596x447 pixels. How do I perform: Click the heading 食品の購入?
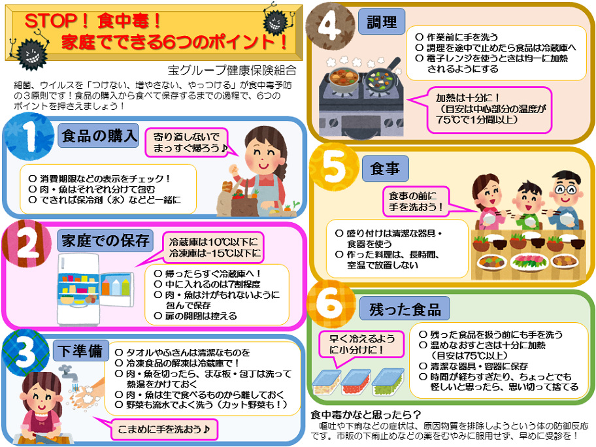point(98,135)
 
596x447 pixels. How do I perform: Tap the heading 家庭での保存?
point(105,240)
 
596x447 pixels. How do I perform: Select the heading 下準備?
point(80,350)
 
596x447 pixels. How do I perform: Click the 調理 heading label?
point(382,22)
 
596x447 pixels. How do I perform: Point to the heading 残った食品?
point(405,309)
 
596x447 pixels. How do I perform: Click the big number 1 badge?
point(29,137)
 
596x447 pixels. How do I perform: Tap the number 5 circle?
point(335,167)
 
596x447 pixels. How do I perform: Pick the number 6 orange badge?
point(330,304)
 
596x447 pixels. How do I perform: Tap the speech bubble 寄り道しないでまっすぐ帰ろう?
point(187,142)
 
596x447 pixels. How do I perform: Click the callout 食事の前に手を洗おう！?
point(416,201)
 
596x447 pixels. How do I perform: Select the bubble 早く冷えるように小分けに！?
point(361,344)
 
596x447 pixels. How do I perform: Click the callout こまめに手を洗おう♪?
point(164,429)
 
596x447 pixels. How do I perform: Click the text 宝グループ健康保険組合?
point(232,71)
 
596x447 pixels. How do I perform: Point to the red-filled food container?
point(355,382)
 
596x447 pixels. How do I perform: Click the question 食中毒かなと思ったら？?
point(365,414)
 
